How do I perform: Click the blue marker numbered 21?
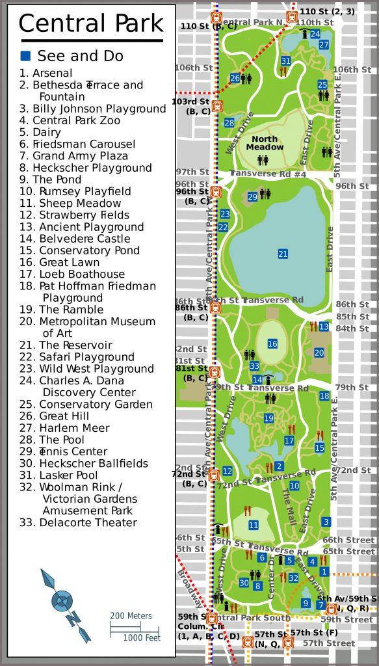(283, 254)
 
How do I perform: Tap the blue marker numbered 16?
(272, 343)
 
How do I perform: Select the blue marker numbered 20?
(319, 353)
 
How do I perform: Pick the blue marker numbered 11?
(254, 525)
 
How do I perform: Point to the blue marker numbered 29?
(253, 197)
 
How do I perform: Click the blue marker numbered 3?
(326, 522)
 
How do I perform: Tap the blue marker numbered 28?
(229, 123)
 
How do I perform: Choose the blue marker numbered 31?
(285, 61)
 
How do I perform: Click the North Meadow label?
(265, 143)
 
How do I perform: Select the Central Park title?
(90, 24)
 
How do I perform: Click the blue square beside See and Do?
(25, 56)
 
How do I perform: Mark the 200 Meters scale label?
(131, 616)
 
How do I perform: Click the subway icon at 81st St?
(215, 372)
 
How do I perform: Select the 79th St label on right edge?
(352, 388)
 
